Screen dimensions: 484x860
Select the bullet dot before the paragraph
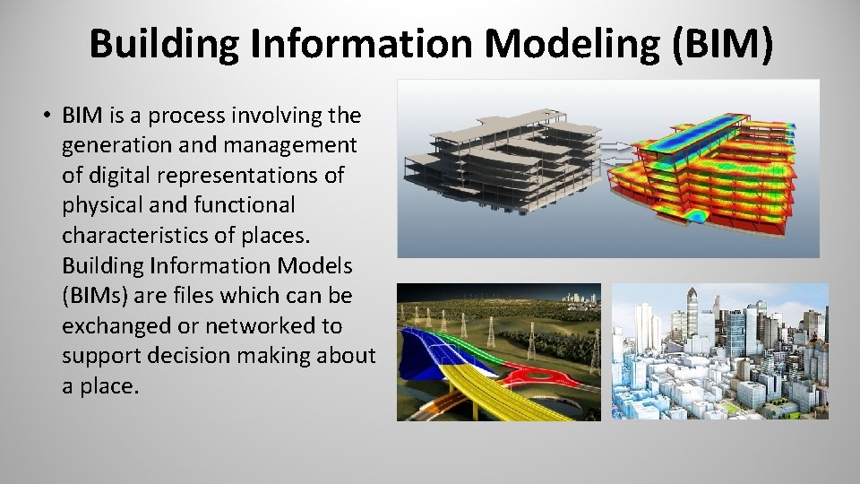click(45, 117)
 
